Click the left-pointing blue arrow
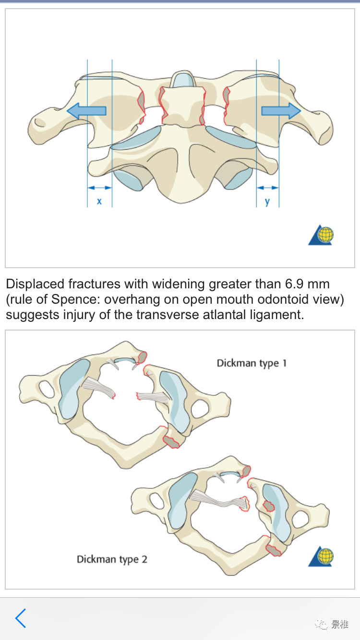click(86, 111)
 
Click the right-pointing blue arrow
click(281, 111)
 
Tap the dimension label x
click(99, 201)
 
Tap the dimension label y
click(267, 201)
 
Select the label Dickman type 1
click(252, 363)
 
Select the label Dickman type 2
click(112, 559)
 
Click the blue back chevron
click(20, 618)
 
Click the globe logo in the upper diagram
click(321, 236)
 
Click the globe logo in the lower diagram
click(321, 557)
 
